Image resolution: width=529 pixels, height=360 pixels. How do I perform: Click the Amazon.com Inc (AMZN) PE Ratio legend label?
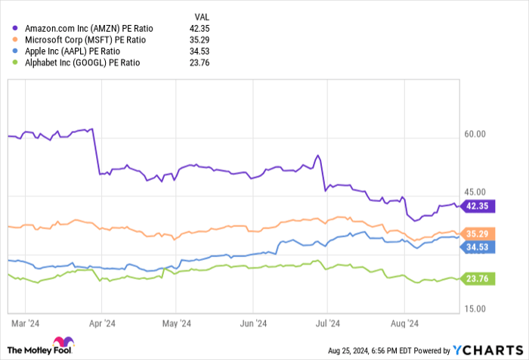[87, 28]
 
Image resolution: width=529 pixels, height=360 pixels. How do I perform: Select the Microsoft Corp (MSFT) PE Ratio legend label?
[85, 39]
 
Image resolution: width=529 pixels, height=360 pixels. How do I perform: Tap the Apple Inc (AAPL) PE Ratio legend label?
[74, 49]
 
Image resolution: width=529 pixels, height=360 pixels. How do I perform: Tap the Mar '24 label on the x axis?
[26, 324]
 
